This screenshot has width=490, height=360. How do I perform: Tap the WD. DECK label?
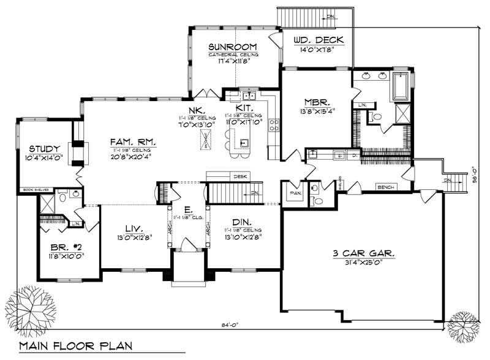[318, 40]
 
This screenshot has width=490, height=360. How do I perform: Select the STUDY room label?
[44, 149]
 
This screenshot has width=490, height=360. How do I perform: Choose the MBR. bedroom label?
[317, 102]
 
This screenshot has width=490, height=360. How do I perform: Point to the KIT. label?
[243, 107]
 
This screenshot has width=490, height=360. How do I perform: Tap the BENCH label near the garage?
[385, 187]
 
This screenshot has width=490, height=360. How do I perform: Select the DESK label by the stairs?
[240, 176]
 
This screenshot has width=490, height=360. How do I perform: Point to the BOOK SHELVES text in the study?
[32, 190]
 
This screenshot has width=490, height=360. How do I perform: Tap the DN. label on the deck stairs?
[330, 17]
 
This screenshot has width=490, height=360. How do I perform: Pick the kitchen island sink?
[243, 144]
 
